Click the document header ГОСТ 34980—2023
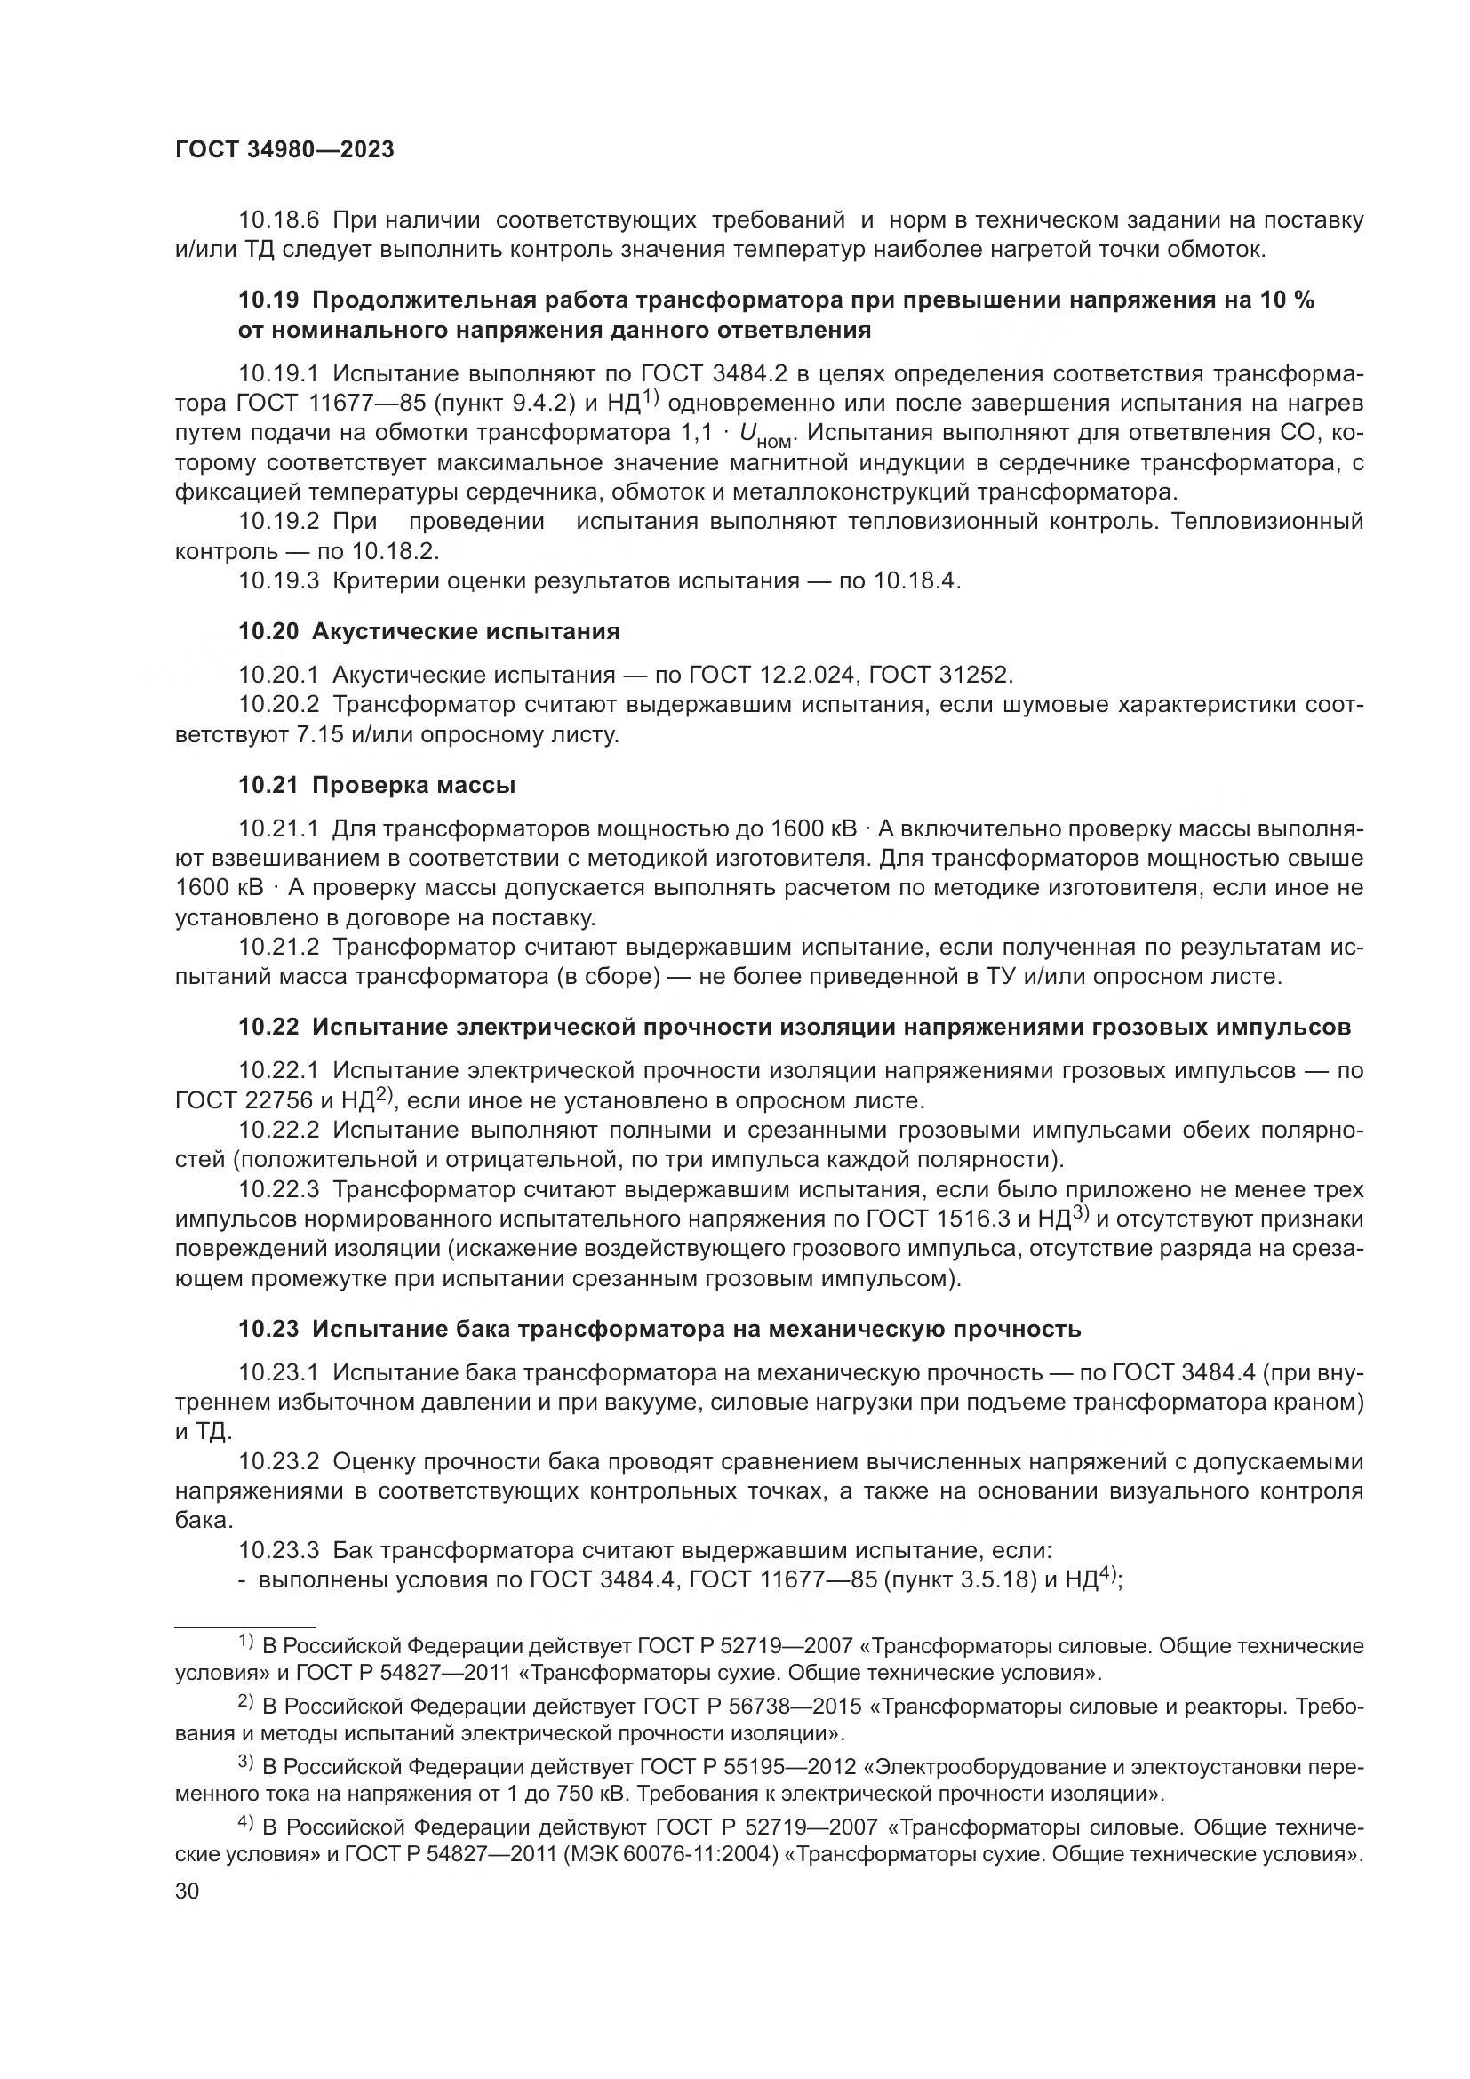284,150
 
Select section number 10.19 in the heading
268,300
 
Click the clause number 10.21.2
278,948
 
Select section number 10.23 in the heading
268,1329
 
